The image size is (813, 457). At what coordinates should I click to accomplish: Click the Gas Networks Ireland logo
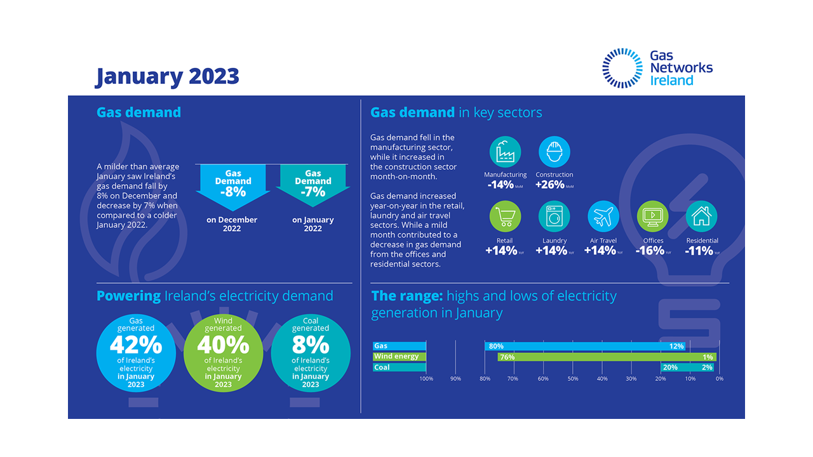tap(657, 68)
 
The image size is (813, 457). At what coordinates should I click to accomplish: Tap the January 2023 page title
tap(167, 77)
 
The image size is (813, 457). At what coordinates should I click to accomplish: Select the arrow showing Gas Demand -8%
tap(233, 184)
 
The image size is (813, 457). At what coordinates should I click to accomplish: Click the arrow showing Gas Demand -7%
tap(312, 184)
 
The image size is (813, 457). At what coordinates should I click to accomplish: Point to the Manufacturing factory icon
tap(505, 152)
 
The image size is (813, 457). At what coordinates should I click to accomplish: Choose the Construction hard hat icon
tap(554, 152)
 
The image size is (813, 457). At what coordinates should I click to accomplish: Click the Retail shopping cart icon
tap(505, 217)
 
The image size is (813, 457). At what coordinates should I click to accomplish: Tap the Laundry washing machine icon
tap(554, 217)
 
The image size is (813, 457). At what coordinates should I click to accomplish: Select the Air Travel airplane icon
tap(603, 217)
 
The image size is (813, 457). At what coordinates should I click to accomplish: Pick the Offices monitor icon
tap(652, 217)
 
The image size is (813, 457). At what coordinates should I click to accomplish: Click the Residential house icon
tap(702, 217)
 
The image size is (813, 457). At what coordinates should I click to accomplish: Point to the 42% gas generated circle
tap(135, 353)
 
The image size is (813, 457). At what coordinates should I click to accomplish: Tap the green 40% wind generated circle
tap(223, 353)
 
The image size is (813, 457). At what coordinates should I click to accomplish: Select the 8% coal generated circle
tap(311, 353)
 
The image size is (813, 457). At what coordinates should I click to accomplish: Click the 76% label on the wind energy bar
tap(507, 357)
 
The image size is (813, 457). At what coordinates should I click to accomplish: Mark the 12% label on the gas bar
tap(676, 347)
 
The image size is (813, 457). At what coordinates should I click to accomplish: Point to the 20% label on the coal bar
tap(669, 368)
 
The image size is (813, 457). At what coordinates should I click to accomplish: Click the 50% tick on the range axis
tap(573, 379)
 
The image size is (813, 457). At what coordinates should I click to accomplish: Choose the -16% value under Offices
tap(650, 251)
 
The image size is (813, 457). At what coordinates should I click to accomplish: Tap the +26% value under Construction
tap(551, 185)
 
